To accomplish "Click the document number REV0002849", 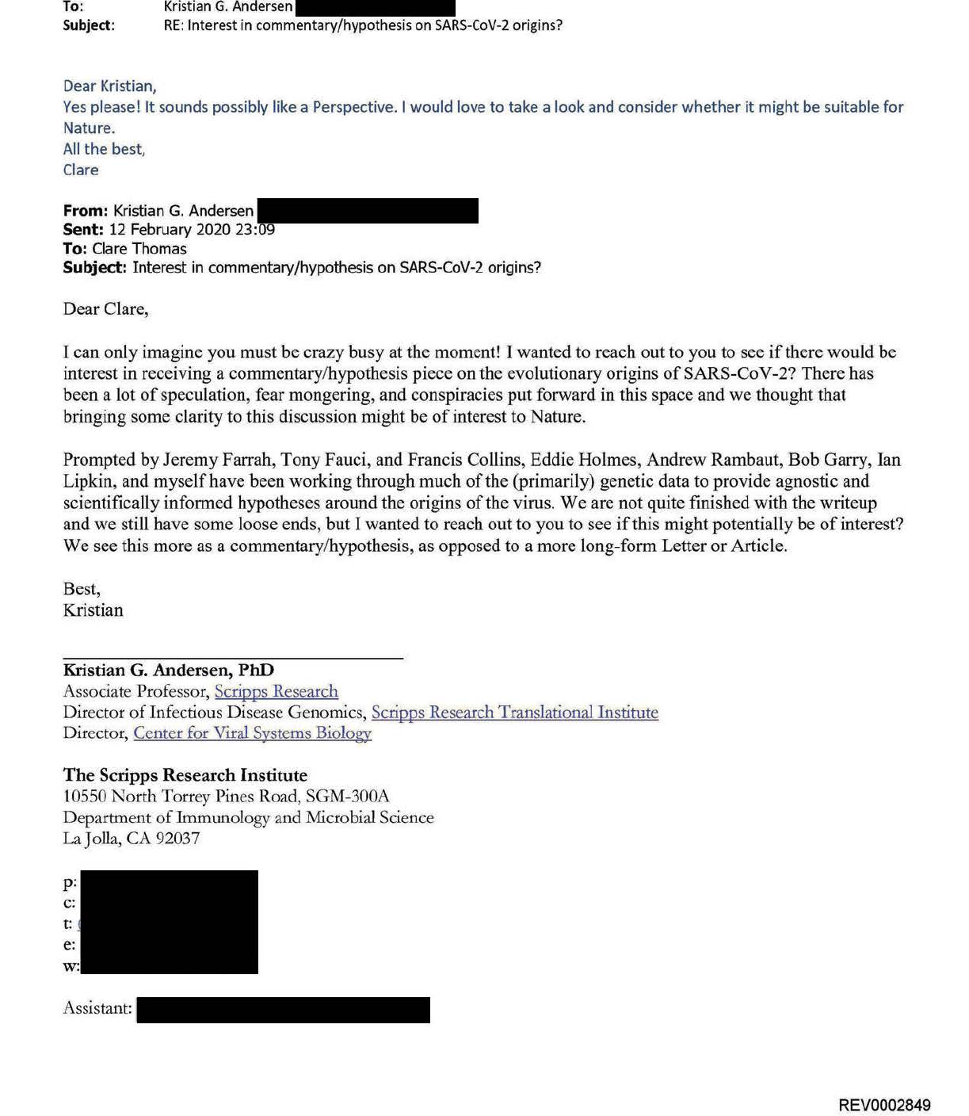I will coord(884,1105).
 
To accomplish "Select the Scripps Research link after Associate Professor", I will coord(276,691).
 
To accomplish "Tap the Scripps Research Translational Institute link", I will coord(514,712).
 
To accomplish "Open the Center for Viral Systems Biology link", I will coord(252,732).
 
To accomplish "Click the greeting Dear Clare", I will coord(105,309).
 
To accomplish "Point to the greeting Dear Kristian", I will coord(109,86).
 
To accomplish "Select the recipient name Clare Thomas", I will coord(139,249).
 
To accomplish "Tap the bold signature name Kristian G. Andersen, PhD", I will coord(168,670).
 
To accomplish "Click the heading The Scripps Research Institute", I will coord(185,775).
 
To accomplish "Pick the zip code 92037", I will coord(177,838).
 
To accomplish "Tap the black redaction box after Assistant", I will coord(283,1010).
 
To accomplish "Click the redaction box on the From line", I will coord(368,211).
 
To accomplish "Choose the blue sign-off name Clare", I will coord(81,170).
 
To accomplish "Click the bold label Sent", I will coord(82,230).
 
